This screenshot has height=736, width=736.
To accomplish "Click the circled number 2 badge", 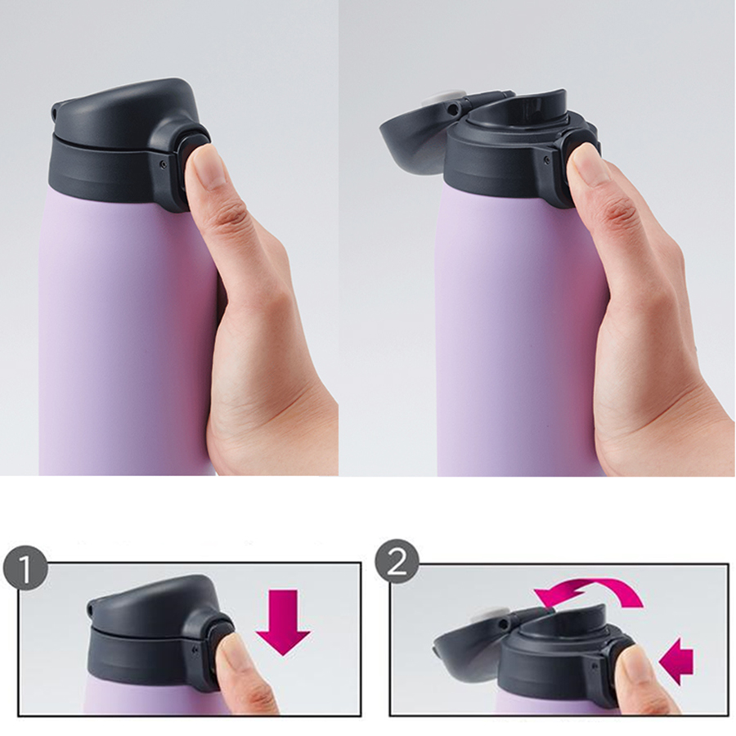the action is (x=397, y=561).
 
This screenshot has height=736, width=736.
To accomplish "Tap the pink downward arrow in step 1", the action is (x=283, y=622).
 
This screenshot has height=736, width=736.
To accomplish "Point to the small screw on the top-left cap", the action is (x=163, y=164).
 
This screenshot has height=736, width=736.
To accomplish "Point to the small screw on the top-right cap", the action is (x=546, y=160).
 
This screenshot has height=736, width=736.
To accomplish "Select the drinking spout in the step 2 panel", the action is (x=563, y=619).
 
